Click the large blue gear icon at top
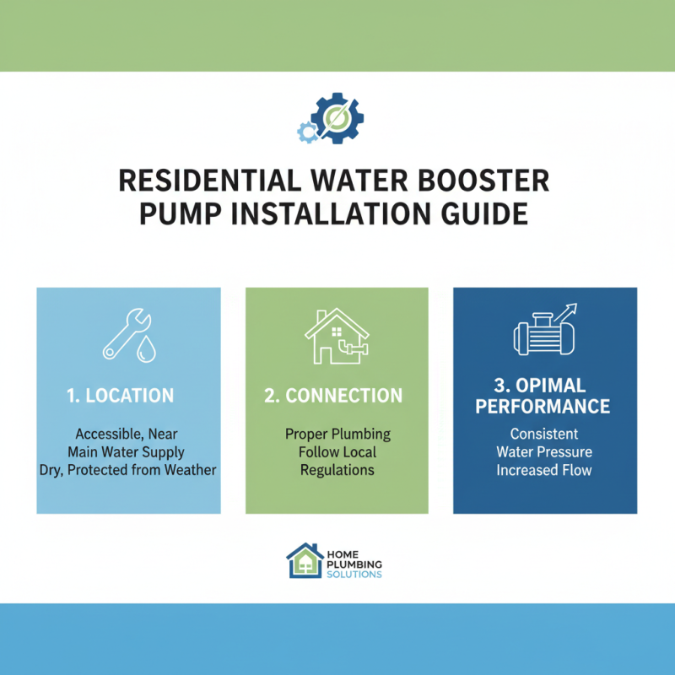[x=338, y=117]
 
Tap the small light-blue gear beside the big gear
[x=307, y=131]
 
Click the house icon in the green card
[x=336, y=336]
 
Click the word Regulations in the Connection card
[x=337, y=469]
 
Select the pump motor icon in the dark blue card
[x=540, y=333]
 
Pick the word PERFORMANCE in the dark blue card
[x=543, y=407]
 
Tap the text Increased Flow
[x=543, y=469]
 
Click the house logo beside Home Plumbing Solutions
[x=304, y=559]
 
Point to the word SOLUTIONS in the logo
[x=354, y=575]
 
